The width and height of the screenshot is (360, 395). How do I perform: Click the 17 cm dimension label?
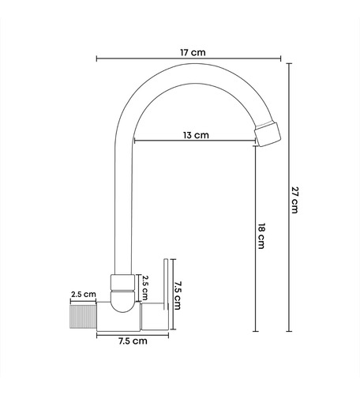pyautogui.click(x=193, y=52)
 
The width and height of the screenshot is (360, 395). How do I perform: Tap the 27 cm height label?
pyautogui.click(x=295, y=200)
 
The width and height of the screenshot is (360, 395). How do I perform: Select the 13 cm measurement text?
pyautogui.click(x=196, y=135)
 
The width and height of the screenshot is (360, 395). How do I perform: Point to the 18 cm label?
pyautogui.click(x=261, y=236)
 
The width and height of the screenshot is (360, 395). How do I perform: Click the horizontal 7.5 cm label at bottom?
pyautogui.click(x=133, y=341)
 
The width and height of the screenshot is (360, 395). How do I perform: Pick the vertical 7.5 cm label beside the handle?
pyautogui.click(x=178, y=295)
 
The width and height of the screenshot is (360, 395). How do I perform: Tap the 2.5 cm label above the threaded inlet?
pyautogui.click(x=84, y=294)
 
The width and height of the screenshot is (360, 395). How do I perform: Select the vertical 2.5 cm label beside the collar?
pyautogui.click(x=144, y=288)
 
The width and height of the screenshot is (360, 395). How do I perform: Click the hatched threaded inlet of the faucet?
pyautogui.click(x=83, y=317)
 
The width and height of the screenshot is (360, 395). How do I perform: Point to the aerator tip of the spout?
pyautogui.click(x=268, y=134)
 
